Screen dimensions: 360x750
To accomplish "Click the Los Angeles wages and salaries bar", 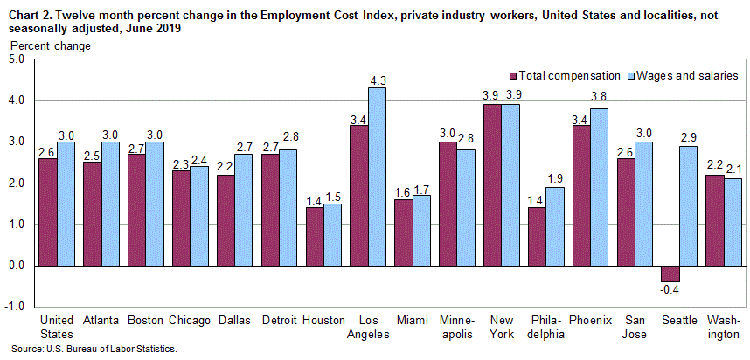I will tap(377, 177).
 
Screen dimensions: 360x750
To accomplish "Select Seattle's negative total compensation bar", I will tap(670, 273).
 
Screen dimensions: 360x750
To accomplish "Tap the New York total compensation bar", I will tap(493, 184).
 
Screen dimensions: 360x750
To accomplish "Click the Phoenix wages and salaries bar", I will tap(600, 187).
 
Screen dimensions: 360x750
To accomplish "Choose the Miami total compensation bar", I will tap(404, 232).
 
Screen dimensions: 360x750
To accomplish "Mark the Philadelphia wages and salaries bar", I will tap(555, 226).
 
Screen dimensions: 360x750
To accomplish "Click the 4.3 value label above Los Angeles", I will tap(378, 80).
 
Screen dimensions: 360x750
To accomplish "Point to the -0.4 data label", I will tap(670, 289).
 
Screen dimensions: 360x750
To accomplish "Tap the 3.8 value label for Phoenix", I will tap(600, 97).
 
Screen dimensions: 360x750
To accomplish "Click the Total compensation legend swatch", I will tap(514, 76).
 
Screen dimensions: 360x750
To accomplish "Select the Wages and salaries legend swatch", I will tap(630, 76).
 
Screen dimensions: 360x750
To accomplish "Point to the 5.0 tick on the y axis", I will tap(17, 60).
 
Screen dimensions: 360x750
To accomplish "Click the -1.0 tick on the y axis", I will tap(17, 307).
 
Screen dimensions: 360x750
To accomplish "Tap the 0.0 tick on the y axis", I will tap(17, 266).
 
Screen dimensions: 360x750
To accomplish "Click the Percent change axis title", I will tap(35, 45).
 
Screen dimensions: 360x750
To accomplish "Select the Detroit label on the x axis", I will tap(280, 321).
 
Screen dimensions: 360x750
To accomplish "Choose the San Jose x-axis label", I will tap(635, 327).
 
